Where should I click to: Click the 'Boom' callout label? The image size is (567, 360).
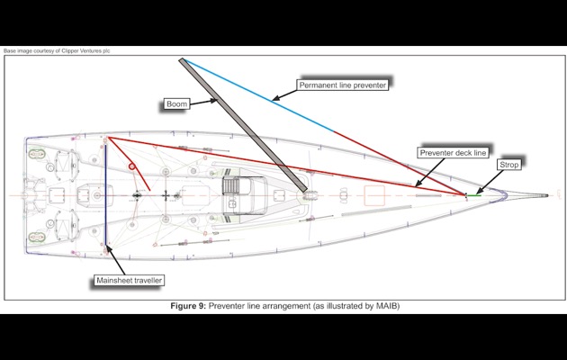coord(176,104)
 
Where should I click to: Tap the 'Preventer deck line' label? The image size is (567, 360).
coord(454,154)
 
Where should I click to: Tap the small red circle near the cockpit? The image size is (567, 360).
coord(131,167)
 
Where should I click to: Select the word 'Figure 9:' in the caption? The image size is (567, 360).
coord(190,306)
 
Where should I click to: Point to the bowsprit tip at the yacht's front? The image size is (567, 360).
coord(548,194)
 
